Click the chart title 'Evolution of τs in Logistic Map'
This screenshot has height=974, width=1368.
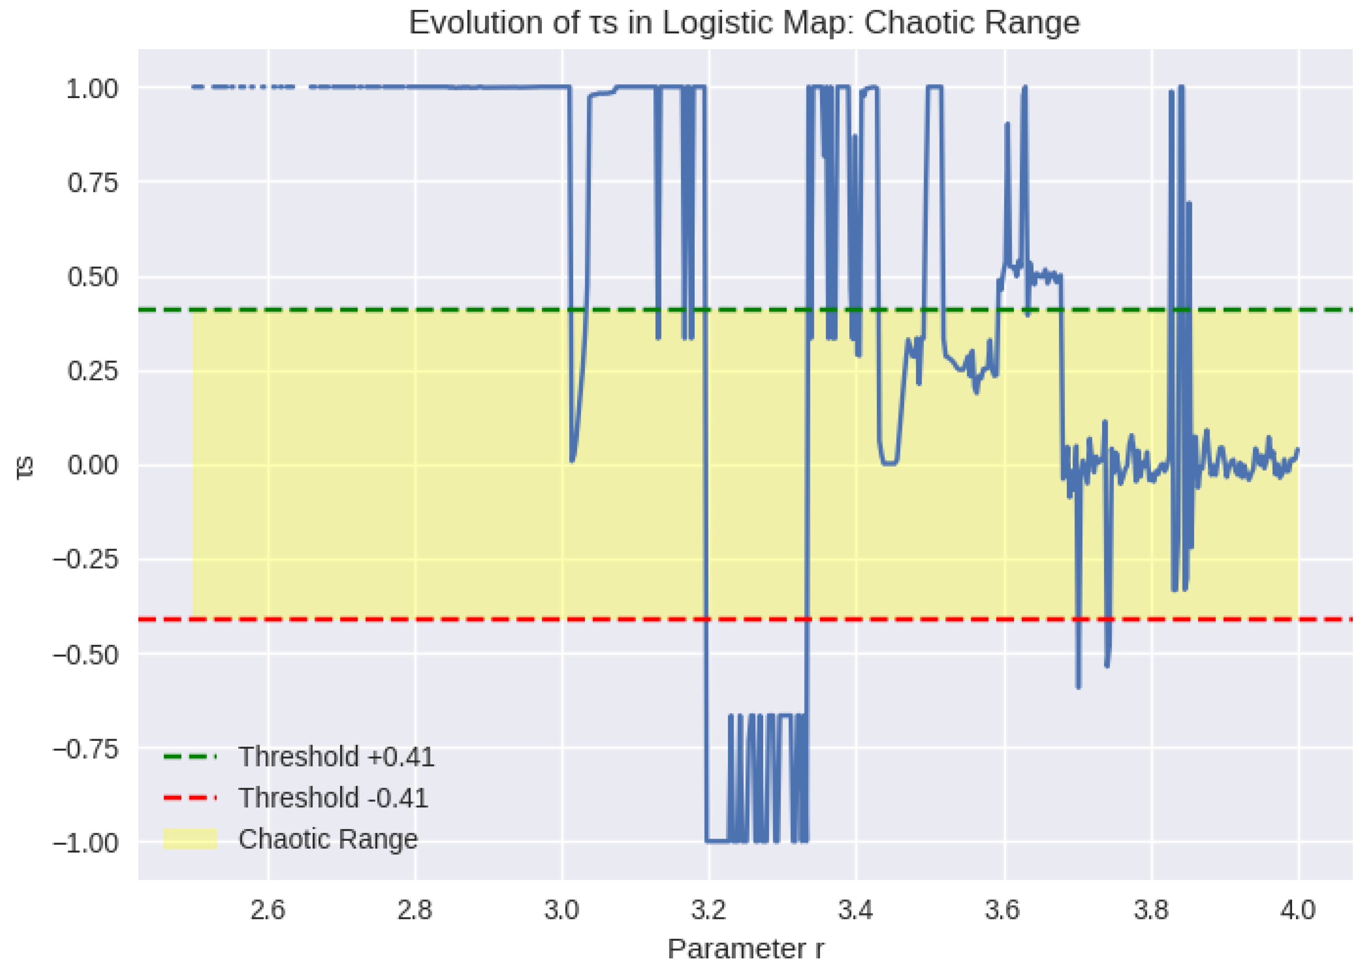tap(744, 23)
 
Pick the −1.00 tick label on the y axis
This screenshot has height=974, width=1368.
tap(86, 842)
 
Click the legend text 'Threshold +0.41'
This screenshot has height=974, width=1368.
tap(336, 757)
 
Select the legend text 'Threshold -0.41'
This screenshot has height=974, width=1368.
tap(333, 798)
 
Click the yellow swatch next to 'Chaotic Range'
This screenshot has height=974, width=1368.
tap(190, 839)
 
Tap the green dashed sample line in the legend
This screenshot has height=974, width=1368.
tap(190, 757)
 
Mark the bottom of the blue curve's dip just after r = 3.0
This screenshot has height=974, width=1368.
tap(572, 461)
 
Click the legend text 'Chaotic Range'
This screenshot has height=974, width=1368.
tap(327, 839)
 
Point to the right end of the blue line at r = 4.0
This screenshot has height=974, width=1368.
tap(1298, 449)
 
